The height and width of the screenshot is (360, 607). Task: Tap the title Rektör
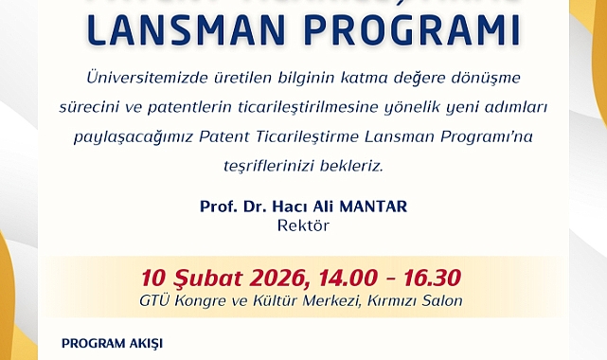(x=303, y=226)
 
